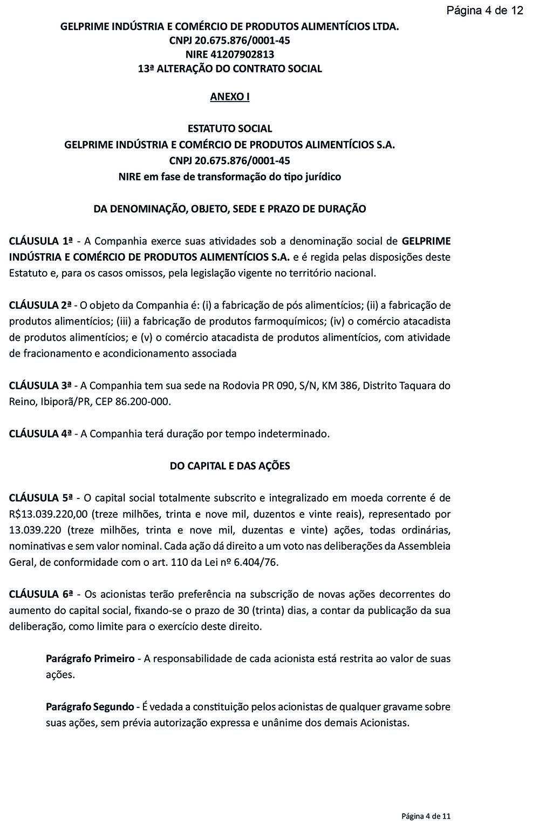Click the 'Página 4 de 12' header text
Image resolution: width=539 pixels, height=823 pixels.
(485, 10)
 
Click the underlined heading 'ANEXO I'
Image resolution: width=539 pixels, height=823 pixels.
(230, 97)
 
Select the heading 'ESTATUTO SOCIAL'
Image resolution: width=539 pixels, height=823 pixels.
(230, 129)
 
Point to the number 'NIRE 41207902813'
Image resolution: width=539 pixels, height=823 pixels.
(230, 55)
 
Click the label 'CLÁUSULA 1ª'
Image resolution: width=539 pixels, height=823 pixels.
(41, 241)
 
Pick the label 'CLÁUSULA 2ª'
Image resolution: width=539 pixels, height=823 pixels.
(40, 305)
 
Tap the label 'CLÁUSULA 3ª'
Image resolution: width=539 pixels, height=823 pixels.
(40, 386)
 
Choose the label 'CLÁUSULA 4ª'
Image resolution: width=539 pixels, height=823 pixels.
(40, 434)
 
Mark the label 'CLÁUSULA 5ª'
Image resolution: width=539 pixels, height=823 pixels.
(41, 498)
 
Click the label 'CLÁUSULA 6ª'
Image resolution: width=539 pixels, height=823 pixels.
(41, 595)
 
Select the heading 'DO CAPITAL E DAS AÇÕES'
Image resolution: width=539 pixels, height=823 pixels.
(230, 466)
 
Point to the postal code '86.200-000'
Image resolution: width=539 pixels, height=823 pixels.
(143, 402)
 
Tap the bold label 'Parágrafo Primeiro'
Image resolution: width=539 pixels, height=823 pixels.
(90, 659)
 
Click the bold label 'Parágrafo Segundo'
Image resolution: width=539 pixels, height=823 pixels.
(90, 707)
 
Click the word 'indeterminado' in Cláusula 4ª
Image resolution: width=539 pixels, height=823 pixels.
(294, 434)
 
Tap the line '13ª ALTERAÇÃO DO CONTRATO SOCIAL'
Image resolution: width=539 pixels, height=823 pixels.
(230, 69)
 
